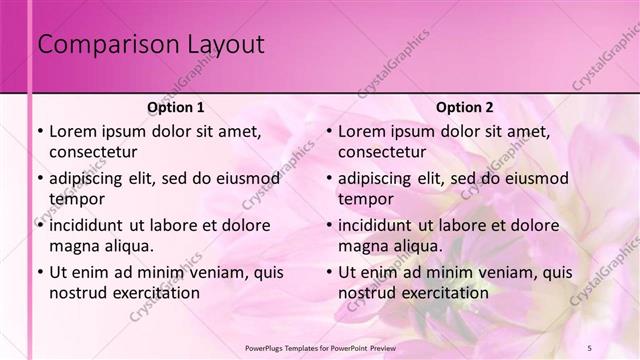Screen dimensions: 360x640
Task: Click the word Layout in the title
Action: click(228, 45)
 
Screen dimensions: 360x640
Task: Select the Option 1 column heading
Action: click(176, 107)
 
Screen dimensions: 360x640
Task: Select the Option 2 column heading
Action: click(465, 107)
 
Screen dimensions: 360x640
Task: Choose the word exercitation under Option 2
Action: click(441, 293)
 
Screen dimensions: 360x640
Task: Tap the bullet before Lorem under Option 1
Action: click(39, 131)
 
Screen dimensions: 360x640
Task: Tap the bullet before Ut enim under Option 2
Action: click(328, 272)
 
